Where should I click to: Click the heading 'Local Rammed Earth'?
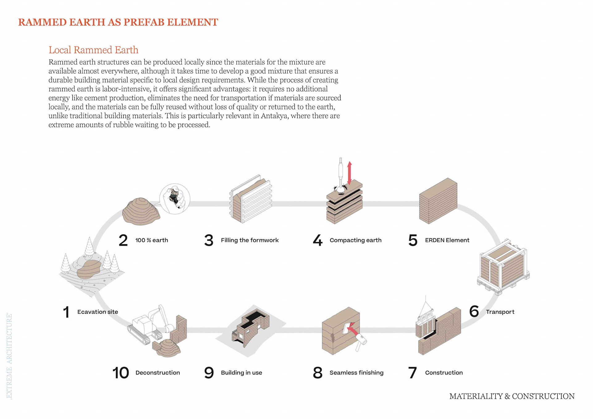(93, 50)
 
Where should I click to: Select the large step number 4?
(318, 240)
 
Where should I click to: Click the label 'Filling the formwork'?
(250, 240)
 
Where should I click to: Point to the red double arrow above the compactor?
(349, 173)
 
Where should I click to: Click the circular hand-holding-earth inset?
(175, 199)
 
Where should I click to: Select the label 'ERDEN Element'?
(447, 240)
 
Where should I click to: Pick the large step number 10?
(120, 373)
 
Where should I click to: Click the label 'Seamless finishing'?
(356, 373)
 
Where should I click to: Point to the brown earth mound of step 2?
(141, 211)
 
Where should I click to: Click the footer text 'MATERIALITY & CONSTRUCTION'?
(512, 396)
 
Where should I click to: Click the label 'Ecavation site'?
(98, 312)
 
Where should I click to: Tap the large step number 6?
(474, 311)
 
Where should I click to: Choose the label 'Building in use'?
(241, 373)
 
